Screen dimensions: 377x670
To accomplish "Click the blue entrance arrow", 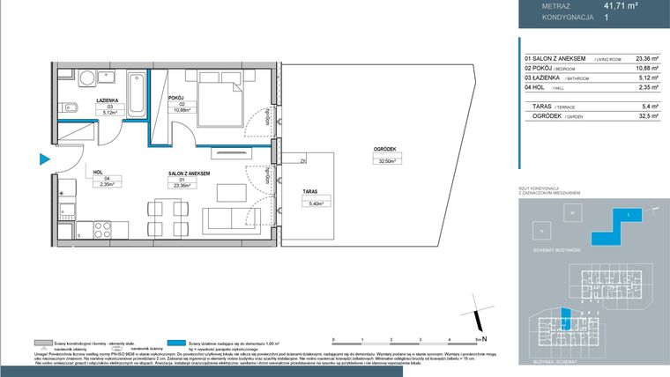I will (42, 159).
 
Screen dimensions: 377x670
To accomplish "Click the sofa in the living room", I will (232, 219).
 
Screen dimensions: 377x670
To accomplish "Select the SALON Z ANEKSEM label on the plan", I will (189, 174).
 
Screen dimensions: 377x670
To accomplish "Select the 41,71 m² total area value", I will (621, 5).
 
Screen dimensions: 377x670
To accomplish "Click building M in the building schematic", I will (571, 214).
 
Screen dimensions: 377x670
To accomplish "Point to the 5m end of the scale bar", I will (478, 338).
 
